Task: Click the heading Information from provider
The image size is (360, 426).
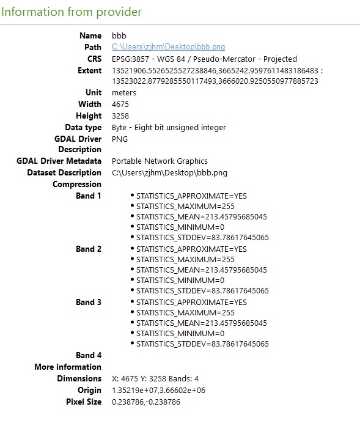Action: (72, 12)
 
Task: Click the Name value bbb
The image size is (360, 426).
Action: (119, 36)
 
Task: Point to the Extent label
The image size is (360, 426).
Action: (89, 71)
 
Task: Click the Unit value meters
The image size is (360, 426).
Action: (124, 93)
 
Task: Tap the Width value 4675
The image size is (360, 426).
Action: (120, 105)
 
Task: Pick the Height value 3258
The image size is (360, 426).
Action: (120, 116)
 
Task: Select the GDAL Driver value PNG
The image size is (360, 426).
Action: (120, 139)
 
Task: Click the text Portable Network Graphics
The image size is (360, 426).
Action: (160, 161)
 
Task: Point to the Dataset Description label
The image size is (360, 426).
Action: (64, 173)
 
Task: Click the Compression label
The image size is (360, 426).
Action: (77, 185)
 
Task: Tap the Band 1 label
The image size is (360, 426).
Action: (89, 196)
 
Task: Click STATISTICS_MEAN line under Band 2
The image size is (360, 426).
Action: (201, 270)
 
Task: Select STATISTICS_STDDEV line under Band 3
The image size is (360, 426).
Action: (202, 344)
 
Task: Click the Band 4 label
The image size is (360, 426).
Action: (89, 356)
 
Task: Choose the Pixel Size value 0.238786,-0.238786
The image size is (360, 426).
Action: (146, 402)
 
